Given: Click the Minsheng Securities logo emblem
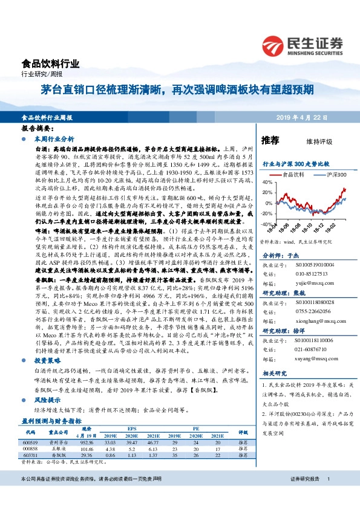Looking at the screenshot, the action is [x=276, y=45].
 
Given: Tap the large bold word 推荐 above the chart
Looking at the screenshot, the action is [x=270, y=140].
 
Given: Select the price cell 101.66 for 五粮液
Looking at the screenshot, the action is [x=86, y=450].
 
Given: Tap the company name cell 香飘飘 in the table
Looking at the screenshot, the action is [x=58, y=456].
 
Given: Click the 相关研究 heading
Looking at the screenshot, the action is [x=275, y=373].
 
